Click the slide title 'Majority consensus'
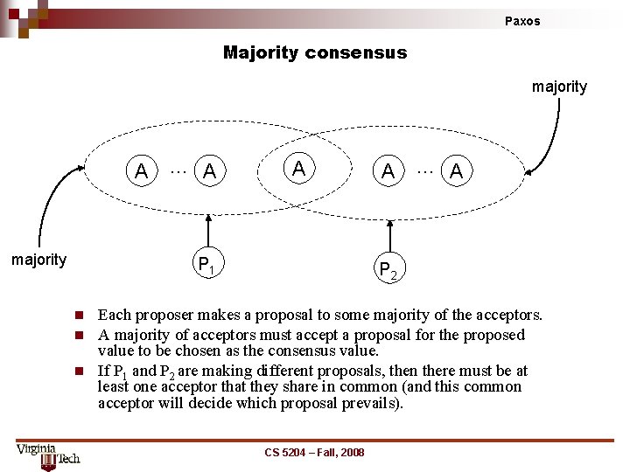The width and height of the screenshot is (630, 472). coord(315,52)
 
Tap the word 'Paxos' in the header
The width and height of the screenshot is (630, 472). coord(522,21)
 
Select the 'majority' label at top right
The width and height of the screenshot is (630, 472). coord(559,87)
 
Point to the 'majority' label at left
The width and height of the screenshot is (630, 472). coord(38,260)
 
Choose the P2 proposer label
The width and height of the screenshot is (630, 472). coord(388,272)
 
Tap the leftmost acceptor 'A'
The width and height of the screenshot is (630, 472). coord(141,171)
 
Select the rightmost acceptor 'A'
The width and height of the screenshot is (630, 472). coord(455,172)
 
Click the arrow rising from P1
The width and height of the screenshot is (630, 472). coord(208,232)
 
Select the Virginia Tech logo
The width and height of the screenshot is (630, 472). coord(47,455)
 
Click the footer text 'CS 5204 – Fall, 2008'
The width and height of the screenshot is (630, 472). coord(315,452)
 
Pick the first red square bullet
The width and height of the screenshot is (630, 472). coord(78,315)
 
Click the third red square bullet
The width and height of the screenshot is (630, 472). coord(78,371)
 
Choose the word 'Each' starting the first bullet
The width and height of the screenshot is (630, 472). coord(113,315)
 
